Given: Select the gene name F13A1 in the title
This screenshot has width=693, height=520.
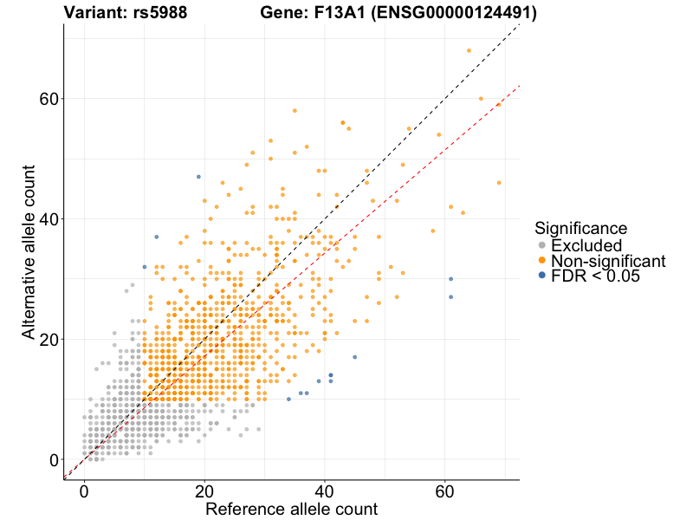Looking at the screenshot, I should pyautogui.click(x=339, y=13).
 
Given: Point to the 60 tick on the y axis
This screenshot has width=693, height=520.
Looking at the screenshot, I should pyautogui.click(x=50, y=99).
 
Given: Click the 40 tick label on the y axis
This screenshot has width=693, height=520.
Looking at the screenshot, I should pyautogui.click(x=50, y=219).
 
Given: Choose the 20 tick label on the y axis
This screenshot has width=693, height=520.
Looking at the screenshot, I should pyautogui.click(x=50, y=340).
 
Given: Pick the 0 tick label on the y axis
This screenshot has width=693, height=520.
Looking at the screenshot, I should pyautogui.click(x=55, y=460).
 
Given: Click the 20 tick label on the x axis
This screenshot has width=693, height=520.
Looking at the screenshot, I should pyautogui.click(x=204, y=491).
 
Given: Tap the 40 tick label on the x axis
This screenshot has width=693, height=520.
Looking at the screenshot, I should pyautogui.click(x=325, y=491).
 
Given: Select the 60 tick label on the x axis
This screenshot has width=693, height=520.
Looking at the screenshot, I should pyautogui.click(x=445, y=491).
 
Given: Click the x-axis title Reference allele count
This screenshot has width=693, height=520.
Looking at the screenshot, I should pyautogui.click(x=291, y=509).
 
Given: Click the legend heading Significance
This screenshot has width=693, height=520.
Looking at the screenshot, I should pyautogui.click(x=580, y=229).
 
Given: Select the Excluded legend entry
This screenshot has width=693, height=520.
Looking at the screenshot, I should pyautogui.click(x=586, y=245).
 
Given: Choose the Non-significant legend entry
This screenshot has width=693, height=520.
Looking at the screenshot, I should pyautogui.click(x=607, y=261).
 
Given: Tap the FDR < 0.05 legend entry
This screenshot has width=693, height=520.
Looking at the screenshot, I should pyautogui.click(x=599, y=276).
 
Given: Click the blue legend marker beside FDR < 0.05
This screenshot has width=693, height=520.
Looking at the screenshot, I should pyautogui.click(x=542, y=276).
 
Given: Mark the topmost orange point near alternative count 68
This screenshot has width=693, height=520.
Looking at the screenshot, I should pyautogui.click(x=469, y=50).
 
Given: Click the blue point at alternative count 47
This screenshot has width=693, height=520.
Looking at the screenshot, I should pyautogui.click(x=198, y=177).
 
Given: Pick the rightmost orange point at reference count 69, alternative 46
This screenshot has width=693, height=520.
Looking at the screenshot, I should pyautogui.click(x=499, y=183).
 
